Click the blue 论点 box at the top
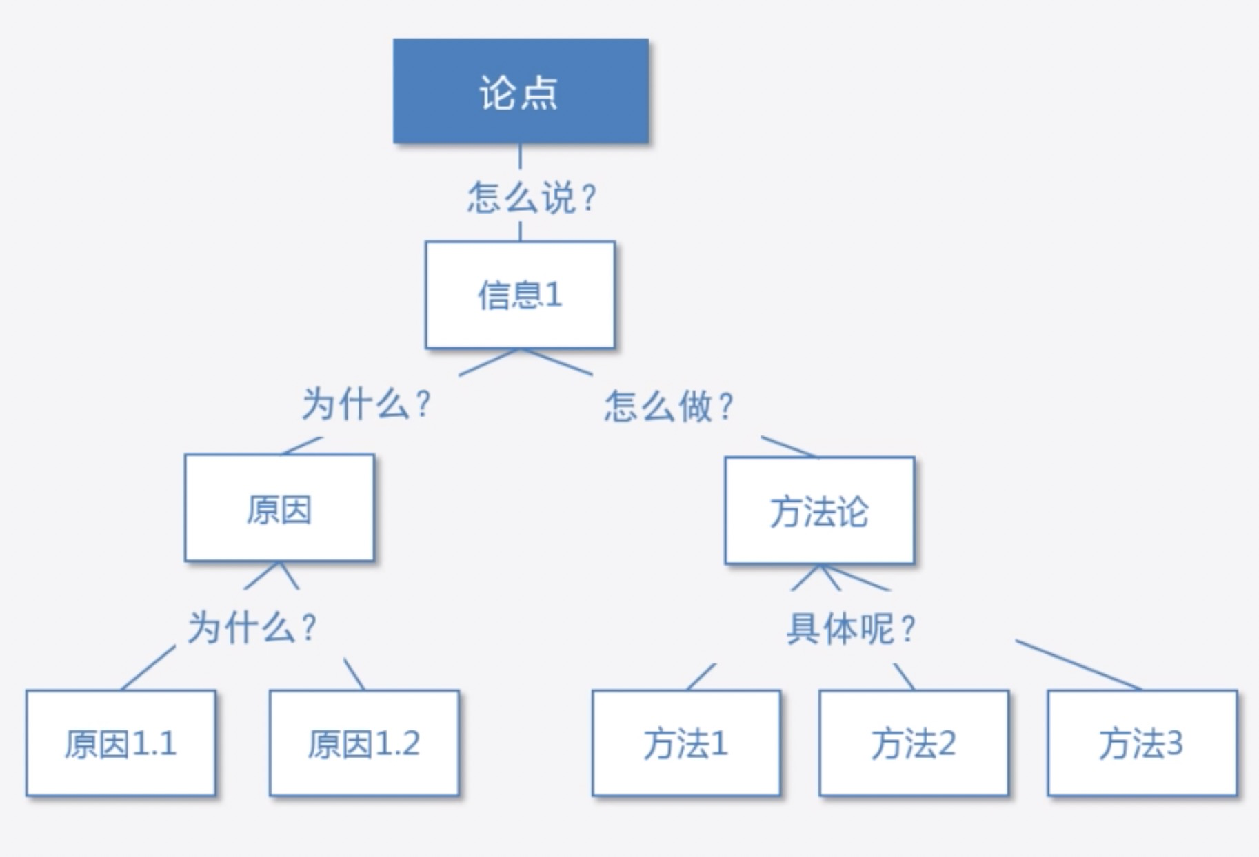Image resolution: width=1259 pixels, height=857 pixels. [x=521, y=91]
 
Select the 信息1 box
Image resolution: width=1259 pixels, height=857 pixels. [x=520, y=295]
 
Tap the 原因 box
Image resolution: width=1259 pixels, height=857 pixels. [x=279, y=508]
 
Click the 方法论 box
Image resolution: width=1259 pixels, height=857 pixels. [x=819, y=511]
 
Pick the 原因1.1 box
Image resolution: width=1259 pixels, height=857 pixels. [x=121, y=743]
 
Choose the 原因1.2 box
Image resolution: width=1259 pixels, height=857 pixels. [x=364, y=743]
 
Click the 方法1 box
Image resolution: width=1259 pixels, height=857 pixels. [x=686, y=743]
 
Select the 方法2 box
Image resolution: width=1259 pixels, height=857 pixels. [x=914, y=743]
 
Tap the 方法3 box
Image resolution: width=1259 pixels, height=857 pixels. [x=1142, y=743]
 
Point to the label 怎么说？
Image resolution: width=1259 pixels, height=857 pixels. [x=531, y=198]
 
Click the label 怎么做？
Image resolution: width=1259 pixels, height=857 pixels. [x=669, y=406]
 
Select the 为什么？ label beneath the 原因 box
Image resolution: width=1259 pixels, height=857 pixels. [x=252, y=628]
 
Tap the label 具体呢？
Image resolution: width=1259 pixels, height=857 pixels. [x=851, y=628]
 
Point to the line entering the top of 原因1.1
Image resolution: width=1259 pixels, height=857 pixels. [x=148, y=668]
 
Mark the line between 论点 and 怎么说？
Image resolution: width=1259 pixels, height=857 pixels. [x=520, y=156]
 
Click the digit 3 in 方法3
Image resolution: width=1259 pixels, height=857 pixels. [x=1174, y=743]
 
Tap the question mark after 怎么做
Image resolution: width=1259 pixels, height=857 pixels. [x=725, y=406]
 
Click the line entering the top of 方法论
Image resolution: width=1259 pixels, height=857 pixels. [x=788, y=446]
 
